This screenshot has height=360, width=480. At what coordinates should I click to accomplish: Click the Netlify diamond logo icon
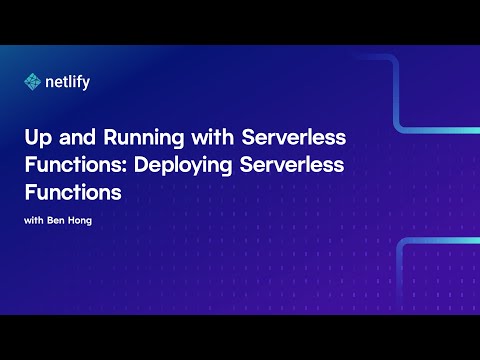click(33, 82)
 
